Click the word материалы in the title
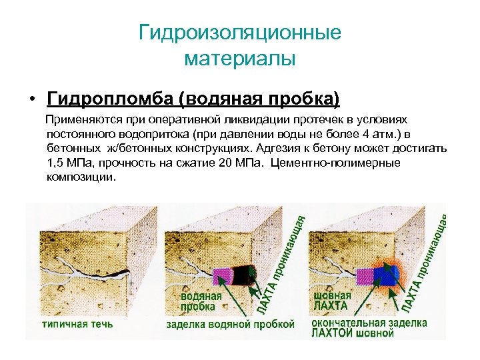coord(240,59)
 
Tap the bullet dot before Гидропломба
coord(32,100)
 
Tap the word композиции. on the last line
coord(81,178)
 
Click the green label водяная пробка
coord(201,301)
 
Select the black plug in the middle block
coord(242,275)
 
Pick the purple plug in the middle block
coord(223,276)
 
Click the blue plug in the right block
coord(385,275)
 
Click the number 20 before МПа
coord(225,163)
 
